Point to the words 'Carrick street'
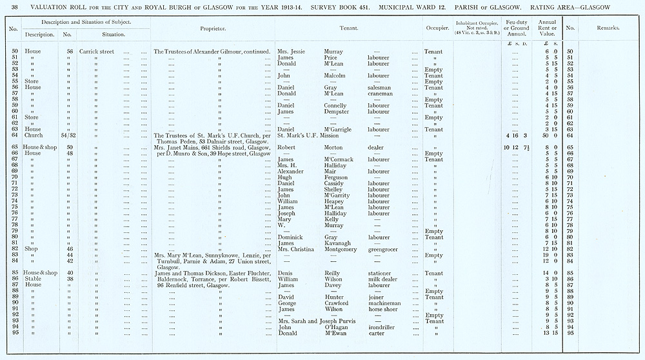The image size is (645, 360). pos(97,51)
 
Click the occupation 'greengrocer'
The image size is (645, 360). pos(386,248)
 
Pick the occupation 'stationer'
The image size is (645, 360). pos(379,273)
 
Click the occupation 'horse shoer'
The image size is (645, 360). pos(383,309)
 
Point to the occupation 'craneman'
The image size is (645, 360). pos(381,94)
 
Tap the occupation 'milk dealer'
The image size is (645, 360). pos(382,279)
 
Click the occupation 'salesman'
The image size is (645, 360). pos(380,87)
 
